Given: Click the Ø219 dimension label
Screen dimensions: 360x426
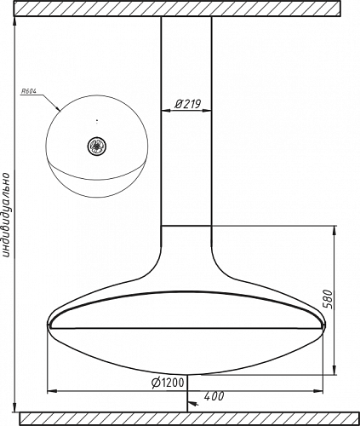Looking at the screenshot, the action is point(187,104).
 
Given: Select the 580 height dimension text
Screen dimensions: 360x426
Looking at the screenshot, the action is point(328,299).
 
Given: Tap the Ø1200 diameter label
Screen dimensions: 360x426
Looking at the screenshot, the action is point(168,383).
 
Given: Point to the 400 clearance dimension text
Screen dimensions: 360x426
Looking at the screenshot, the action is point(214,396).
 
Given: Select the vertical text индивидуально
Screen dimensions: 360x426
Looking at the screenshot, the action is point(6,215).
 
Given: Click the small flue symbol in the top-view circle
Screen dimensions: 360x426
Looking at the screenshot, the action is point(97,146).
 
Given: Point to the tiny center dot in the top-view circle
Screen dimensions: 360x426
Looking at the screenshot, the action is point(97,122).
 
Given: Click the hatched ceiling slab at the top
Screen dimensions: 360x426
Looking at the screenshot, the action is point(177,9).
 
